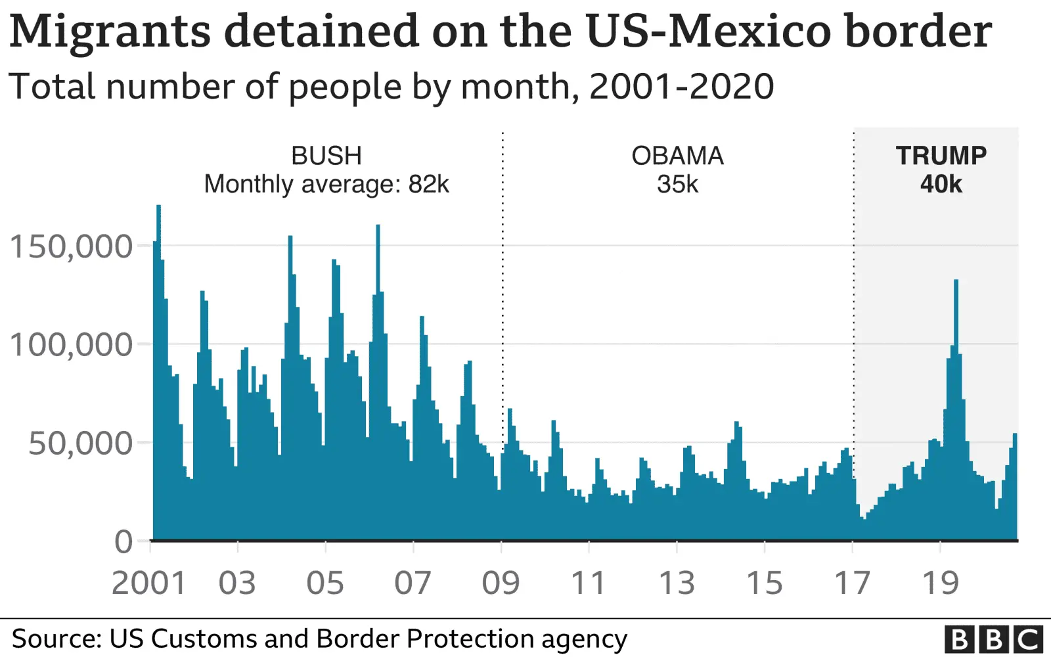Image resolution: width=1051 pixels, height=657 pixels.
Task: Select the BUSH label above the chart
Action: point(326,156)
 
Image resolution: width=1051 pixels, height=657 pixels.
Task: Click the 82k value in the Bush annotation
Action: point(428,185)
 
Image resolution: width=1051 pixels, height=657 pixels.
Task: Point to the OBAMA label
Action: point(677,156)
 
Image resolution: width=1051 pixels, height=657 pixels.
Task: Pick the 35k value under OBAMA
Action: point(677,185)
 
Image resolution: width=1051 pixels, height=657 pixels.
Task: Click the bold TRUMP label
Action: point(941,156)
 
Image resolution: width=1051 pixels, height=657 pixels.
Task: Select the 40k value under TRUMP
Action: point(941,185)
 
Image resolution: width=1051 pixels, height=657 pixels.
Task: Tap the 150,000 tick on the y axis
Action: point(71,247)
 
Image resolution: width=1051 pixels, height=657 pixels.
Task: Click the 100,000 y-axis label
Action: point(71,345)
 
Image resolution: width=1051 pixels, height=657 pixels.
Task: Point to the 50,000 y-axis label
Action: point(80,444)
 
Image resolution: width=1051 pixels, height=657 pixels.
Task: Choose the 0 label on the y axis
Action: point(123,543)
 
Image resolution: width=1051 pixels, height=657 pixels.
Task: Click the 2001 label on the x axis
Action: point(149,583)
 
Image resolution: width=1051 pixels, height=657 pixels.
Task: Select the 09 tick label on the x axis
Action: point(501,583)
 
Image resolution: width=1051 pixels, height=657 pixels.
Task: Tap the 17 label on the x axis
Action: point(852,583)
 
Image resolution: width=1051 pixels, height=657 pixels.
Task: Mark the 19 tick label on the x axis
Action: point(941,583)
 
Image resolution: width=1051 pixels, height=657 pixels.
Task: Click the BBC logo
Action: point(993,639)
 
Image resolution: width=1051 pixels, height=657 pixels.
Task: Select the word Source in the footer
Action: point(56,639)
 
